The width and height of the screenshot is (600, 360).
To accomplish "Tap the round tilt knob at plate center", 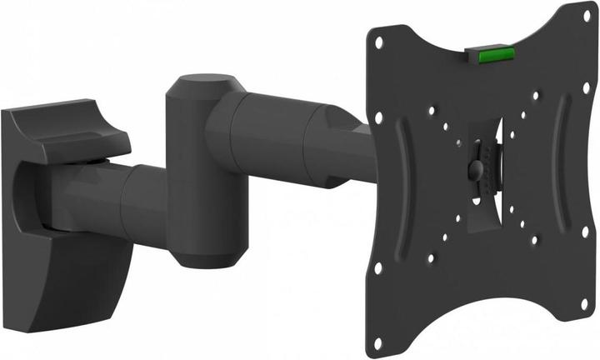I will pos(474,169).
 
